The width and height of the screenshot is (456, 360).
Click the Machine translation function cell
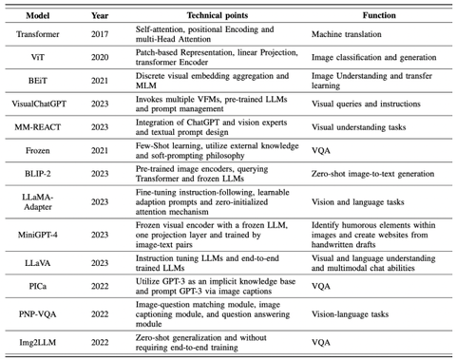click(x=351, y=34)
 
